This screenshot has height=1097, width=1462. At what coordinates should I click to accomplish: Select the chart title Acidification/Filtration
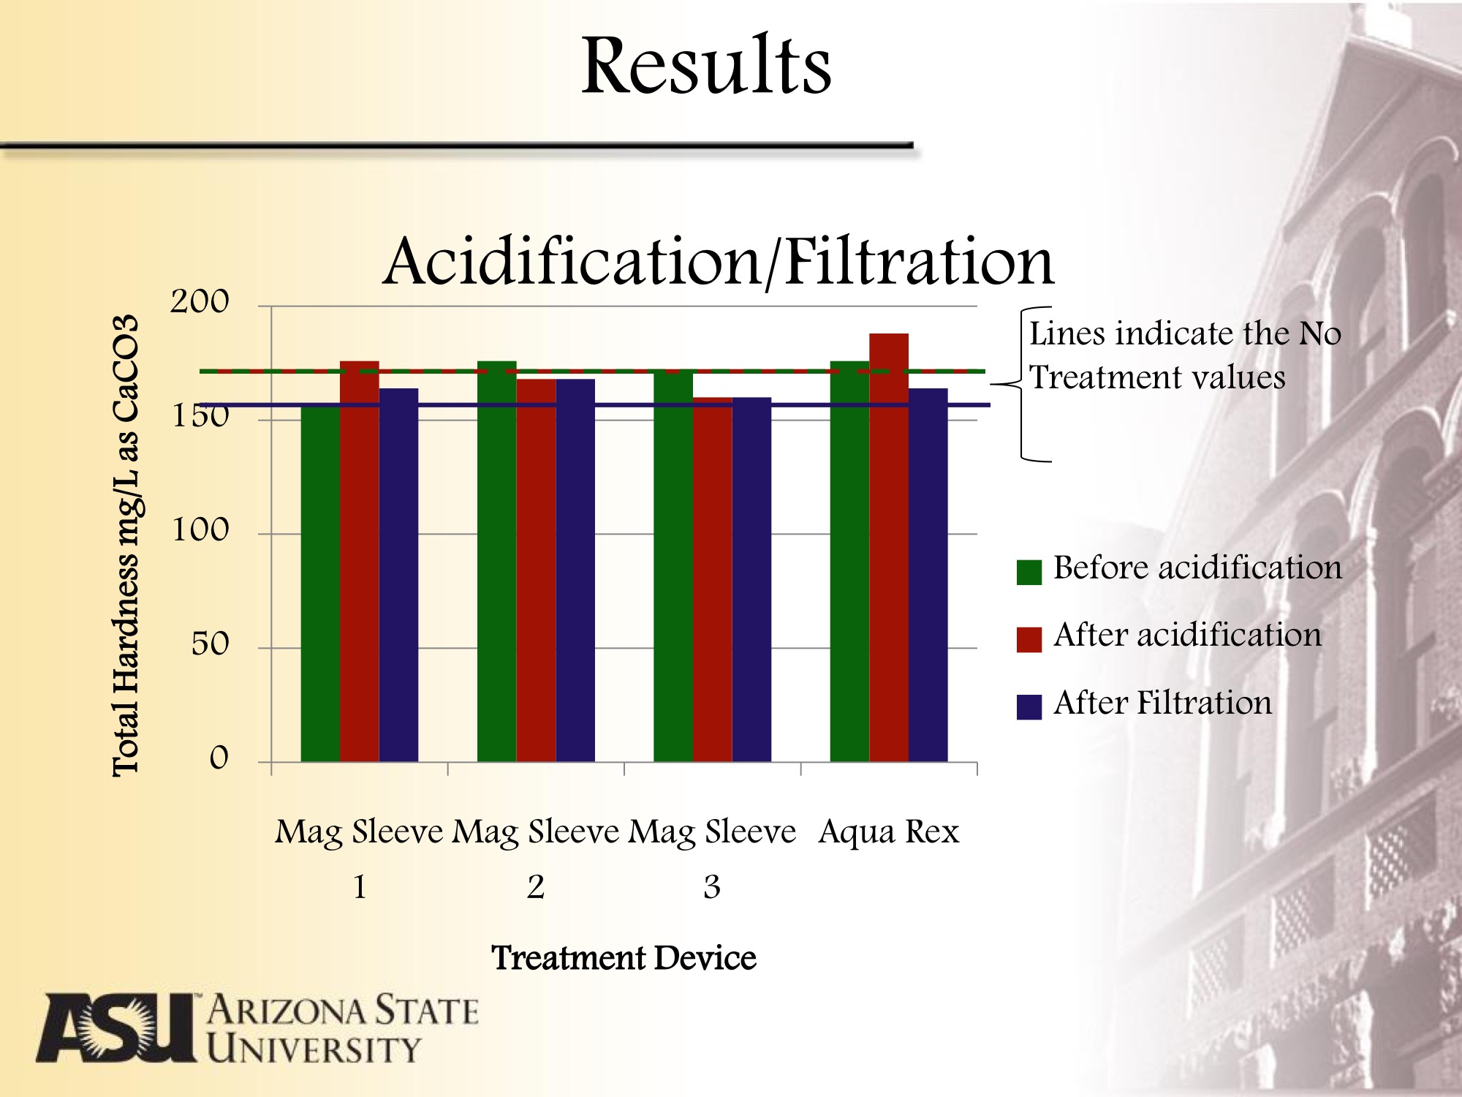[x=718, y=262]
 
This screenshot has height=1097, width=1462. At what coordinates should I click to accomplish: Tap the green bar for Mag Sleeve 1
[x=320, y=585]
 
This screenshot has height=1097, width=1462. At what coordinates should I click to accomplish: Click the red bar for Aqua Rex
[x=889, y=548]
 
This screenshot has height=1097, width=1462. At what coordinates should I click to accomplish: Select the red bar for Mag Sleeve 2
[x=536, y=570]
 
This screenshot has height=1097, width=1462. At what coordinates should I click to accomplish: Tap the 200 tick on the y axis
[x=200, y=302]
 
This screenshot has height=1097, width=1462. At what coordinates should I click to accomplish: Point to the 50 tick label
[x=210, y=644]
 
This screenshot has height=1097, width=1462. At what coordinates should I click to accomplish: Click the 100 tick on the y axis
[x=200, y=530]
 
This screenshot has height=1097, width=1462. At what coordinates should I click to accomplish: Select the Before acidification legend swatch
[x=1029, y=572]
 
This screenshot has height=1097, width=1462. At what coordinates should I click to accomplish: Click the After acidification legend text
[x=1187, y=635]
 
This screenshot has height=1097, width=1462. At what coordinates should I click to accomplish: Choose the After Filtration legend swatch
[x=1029, y=706]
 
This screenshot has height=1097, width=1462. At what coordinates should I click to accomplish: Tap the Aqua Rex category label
[x=888, y=832]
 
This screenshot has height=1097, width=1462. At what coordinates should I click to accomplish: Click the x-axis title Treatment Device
[x=624, y=958]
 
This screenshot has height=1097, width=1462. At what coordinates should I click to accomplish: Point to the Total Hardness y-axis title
[x=126, y=545]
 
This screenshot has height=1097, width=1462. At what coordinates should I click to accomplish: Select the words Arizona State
[x=342, y=1011]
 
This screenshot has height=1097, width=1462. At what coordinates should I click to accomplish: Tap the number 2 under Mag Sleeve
[x=536, y=887]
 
